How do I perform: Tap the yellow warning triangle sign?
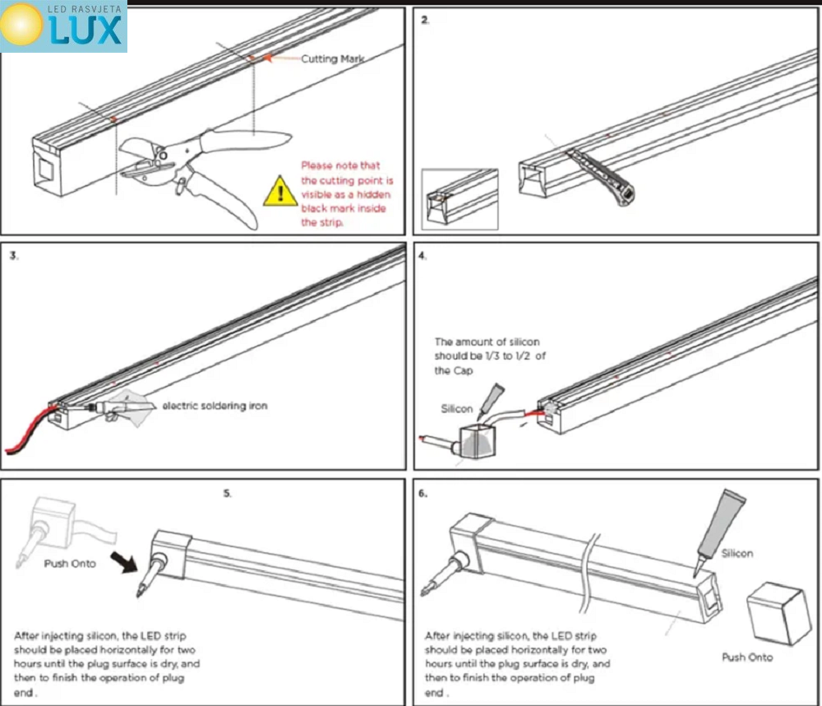(x=280, y=192)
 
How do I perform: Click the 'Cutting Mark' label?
(x=332, y=58)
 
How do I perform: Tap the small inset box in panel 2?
(x=459, y=199)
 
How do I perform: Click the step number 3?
(x=14, y=256)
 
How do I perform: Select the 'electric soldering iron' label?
(x=215, y=405)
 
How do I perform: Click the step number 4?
(x=423, y=256)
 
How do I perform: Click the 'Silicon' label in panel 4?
(x=457, y=408)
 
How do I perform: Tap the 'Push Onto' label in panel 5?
(x=70, y=564)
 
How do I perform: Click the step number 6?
(x=423, y=495)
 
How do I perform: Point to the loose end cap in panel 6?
(x=773, y=611)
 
